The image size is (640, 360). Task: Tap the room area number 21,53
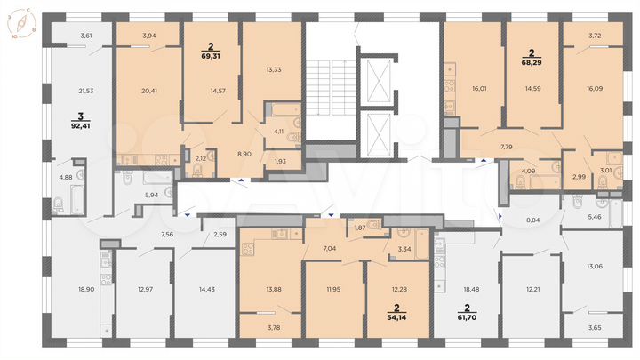coord(86,92)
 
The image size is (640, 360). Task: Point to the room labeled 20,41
coord(148,89)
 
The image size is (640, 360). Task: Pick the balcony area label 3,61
coord(86,35)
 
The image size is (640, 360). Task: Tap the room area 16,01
coord(470,90)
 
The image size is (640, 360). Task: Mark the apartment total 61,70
coord(466,316)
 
